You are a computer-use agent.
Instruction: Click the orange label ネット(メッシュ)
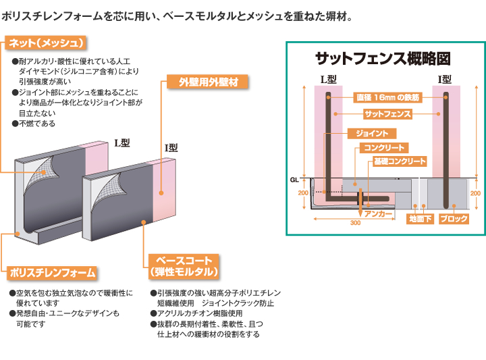pos(46,43)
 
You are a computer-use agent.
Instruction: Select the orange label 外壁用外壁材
pos(207,82)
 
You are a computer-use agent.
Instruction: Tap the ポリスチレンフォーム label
pos(52,273)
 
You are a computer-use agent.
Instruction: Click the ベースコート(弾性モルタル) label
pos(184,266)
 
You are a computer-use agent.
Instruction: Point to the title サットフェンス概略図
pos(383,59)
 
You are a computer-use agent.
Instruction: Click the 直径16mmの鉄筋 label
pos(387,98)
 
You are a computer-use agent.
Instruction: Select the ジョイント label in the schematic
pos(372,134)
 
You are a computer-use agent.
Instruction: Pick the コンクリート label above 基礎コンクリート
pos(384,148)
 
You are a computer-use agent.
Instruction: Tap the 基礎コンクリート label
pos(400,161)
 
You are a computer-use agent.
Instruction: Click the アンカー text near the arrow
pos(378,213)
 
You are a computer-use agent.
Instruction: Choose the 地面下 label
pos(420,219)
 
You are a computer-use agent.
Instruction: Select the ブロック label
pos(454,219)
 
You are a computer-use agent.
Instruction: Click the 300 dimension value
pos(355,223)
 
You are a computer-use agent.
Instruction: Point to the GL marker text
pos(294,180)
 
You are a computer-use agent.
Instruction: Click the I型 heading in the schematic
pos(444,80)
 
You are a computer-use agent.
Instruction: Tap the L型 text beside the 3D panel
pos(122,143)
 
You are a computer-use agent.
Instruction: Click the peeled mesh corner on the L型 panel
pos(42,174)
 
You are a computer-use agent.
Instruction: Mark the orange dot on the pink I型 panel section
pos(161,193)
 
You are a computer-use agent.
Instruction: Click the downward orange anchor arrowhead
pos(360,213)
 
